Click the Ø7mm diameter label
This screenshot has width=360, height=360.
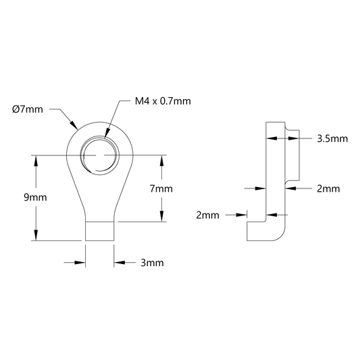click(x=28, y=109)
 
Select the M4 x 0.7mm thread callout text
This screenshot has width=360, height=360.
click(x=163, y=101)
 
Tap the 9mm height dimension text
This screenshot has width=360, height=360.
click(x=35, y=197)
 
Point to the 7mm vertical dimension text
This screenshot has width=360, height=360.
click(x=161, y=188)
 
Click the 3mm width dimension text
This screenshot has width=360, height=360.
click(x=152, y=263)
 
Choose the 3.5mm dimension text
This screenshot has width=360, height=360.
click(x=332, y=138)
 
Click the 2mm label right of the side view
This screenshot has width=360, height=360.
click(x=328, y=188)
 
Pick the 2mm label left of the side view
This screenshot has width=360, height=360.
click(x=207, y=215)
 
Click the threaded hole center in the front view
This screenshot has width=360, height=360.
click(x=100, y=155)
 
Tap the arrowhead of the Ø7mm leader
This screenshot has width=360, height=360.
click(x=74, y=125)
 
